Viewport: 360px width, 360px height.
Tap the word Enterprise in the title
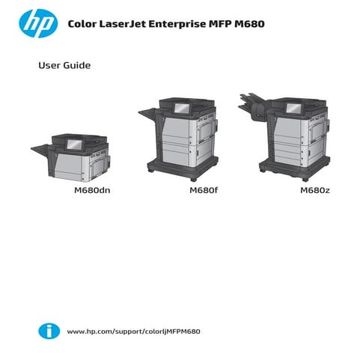pyautogui.click(x=179, y=25)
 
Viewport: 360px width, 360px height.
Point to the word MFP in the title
pyautogui.click(x=221, y=25)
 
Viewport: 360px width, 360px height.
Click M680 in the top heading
pyautogui.click(x=249, y=25)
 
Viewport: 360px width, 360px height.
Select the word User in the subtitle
pyautogui.click(x=50, y=66)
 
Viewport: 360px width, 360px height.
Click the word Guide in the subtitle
pyautogui.click(x=78, y=66)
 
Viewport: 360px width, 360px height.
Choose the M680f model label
pyautogui.click(x=203, y=190)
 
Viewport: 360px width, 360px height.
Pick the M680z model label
pyautogui.click(x=315, y=190)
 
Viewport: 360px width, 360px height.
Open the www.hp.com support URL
pyautogui.click(x=134, y=331)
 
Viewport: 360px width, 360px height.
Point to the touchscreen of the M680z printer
pyautogui.click(x=289, y=108)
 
